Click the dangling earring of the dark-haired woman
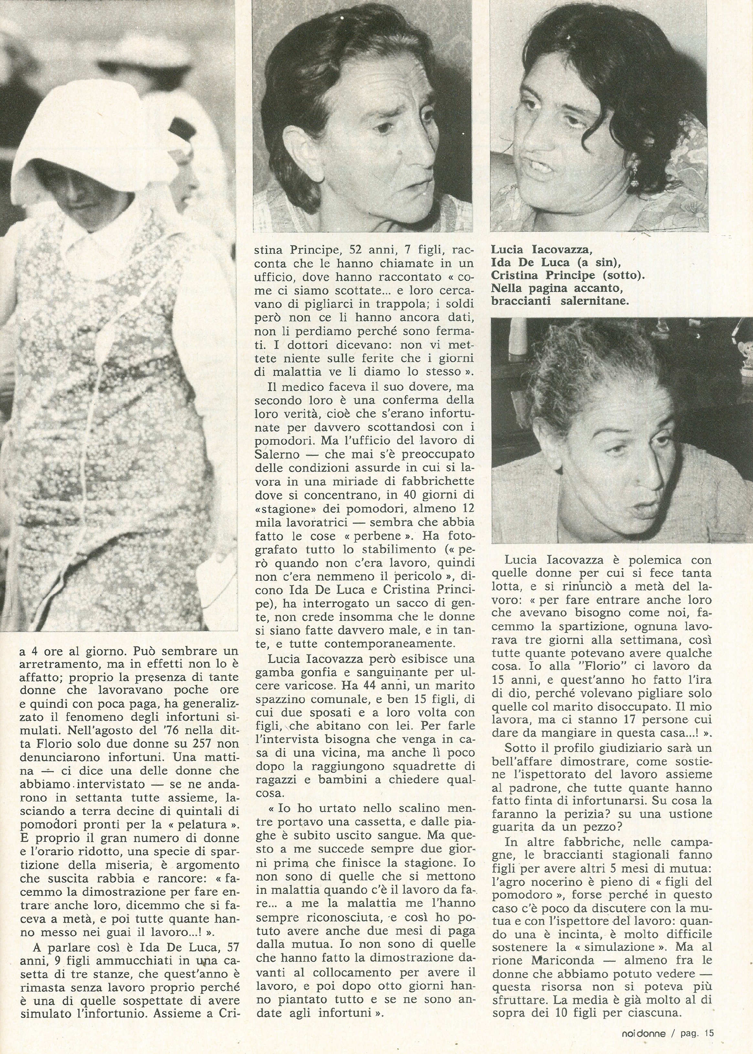click(634, 181)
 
